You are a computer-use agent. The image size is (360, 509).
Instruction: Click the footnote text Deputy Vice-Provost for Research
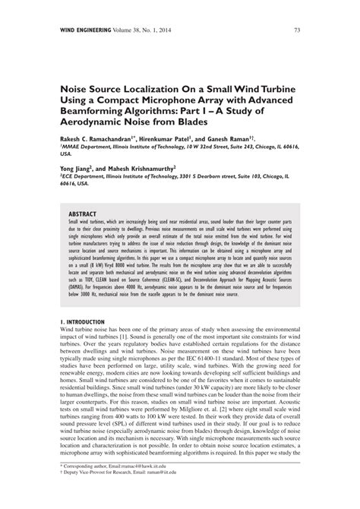point(106,492)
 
